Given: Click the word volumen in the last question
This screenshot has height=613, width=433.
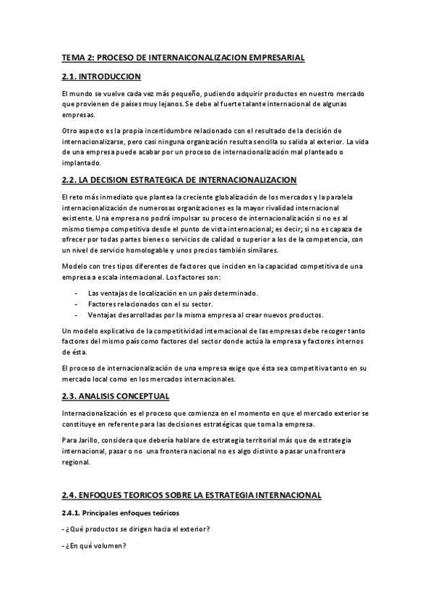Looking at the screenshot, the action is point(108,545).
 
